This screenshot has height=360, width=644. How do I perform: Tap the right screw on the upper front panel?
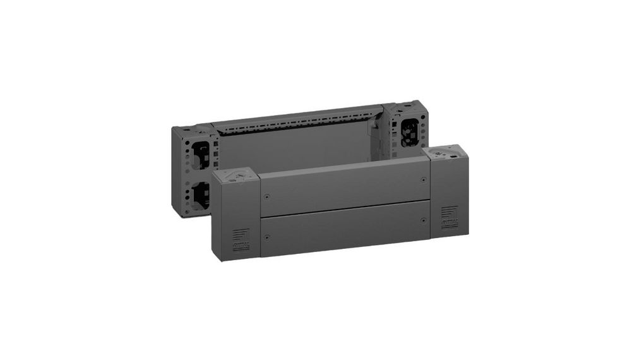(423, 180)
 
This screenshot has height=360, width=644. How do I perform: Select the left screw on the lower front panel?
(267, 237)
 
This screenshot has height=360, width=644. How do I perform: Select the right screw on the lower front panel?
(423, 220)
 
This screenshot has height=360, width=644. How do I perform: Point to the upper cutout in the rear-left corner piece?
(201, 153)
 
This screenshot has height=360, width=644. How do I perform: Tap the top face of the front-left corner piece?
(237, 176)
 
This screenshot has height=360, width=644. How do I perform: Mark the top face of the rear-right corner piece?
(407, 106)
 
